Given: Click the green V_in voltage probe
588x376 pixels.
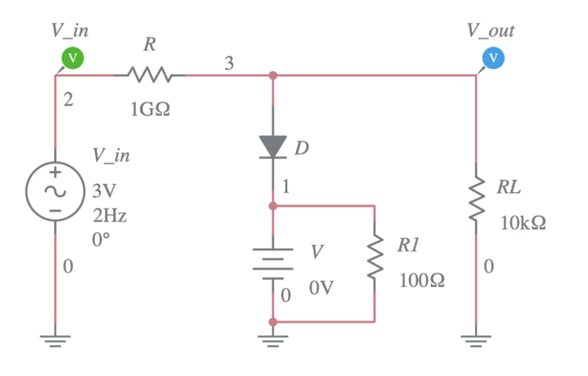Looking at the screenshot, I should click(73, 58).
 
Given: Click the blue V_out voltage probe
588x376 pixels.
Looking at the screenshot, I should click(493, 58).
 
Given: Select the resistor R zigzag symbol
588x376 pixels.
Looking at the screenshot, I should click(149, 76).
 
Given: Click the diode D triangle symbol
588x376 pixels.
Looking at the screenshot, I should click(273, 147).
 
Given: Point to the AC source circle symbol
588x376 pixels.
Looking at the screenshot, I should click(55, 191).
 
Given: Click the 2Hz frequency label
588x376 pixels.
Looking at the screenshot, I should click(108, 215).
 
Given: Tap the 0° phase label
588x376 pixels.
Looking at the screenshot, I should click(101, 239).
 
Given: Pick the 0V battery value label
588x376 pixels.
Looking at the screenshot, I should click(321, 289).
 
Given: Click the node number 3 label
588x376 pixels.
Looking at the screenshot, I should click(229, 63).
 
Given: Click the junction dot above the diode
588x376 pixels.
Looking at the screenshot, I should click(273, 76).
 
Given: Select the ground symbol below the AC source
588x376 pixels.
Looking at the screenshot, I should click(55, 339).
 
